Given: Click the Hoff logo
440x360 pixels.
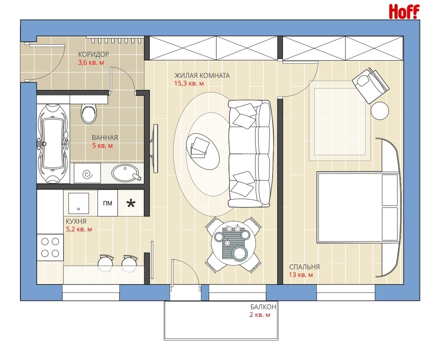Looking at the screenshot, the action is [404, 12].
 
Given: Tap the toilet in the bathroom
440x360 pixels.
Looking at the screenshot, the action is [89, 113].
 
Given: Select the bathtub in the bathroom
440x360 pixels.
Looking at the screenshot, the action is [53, 143].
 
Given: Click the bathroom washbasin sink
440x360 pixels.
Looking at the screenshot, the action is [125, 173].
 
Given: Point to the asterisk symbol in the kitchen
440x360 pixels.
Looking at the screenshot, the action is [131, 203].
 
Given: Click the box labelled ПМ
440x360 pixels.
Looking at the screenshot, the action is [108, 203].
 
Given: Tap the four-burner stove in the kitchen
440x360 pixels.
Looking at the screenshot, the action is [50, 247].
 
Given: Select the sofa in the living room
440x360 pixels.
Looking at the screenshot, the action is [250, 153].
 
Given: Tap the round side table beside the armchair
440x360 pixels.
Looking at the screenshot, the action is [380, 111].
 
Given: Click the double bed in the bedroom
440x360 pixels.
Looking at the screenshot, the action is [358, 207].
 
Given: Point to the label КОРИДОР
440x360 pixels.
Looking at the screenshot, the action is [94, 54].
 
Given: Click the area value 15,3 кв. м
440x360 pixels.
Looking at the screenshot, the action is [189, 84].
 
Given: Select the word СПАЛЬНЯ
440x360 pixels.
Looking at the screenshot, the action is [305, 267].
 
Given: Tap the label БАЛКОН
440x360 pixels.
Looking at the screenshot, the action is [263, 307].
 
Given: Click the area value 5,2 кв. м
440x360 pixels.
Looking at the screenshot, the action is [79, 229].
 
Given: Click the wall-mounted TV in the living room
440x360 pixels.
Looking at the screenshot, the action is [155, 148].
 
